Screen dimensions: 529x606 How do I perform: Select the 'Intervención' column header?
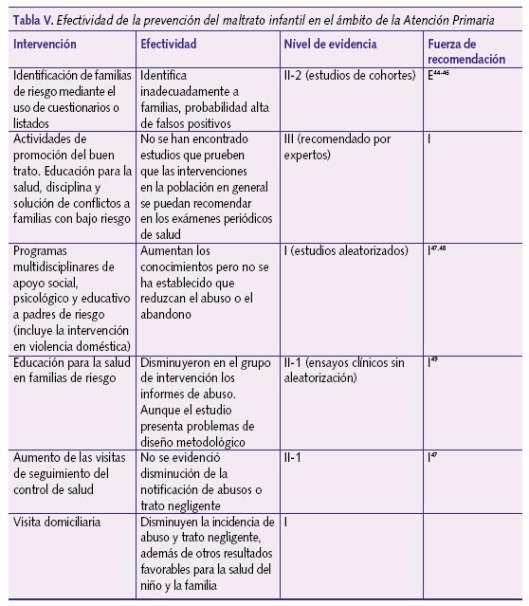pos(46,45)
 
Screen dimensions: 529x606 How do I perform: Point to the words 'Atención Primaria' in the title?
pos(464,12)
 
